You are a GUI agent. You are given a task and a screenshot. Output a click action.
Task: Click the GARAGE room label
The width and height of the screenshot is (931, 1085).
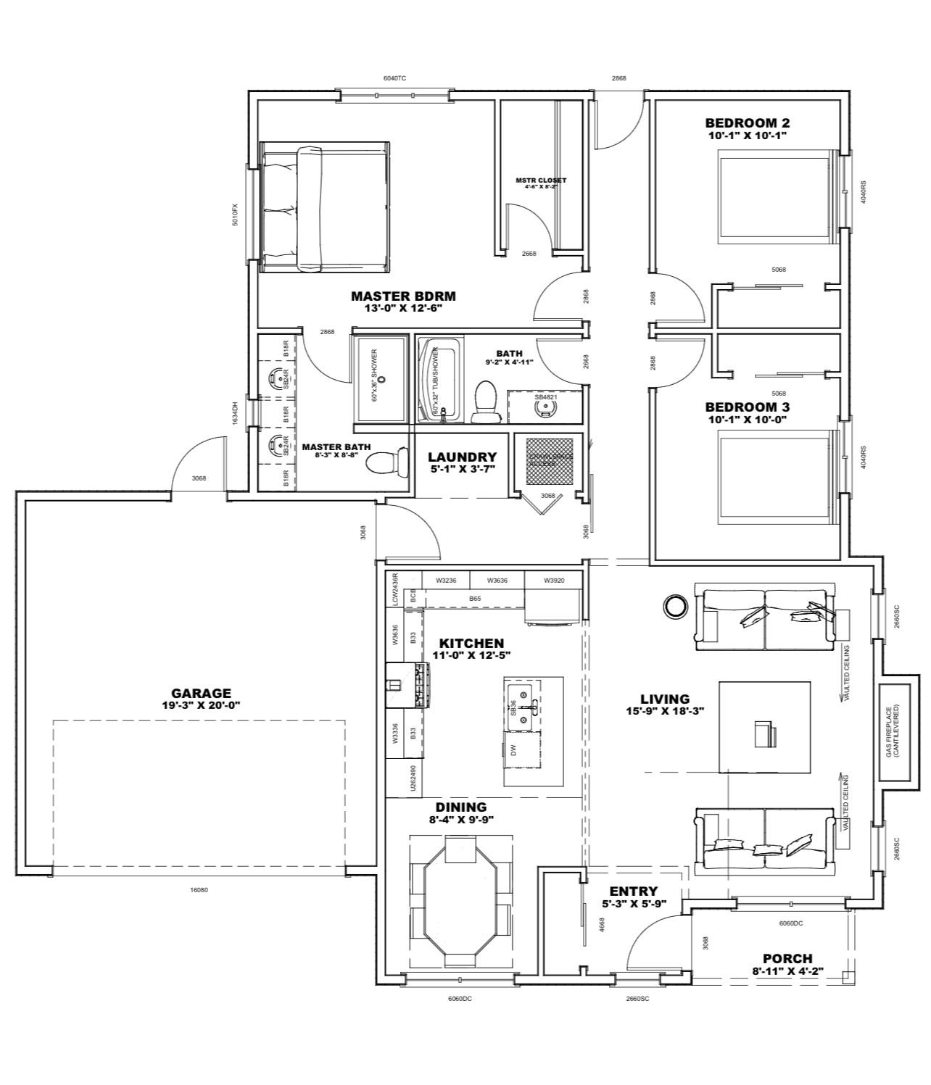(201, 693)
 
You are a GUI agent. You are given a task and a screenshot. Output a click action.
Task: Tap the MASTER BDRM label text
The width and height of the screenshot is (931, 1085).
(403, 296)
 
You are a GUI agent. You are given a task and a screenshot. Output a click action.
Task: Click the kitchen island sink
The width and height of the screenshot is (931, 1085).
(521, 701)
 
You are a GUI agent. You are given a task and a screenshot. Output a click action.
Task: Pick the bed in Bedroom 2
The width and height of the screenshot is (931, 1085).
(774, 194)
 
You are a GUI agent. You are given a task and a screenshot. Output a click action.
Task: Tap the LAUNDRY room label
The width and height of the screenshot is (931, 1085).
(462, 457)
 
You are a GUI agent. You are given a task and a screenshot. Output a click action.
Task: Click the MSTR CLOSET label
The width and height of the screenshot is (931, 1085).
(541, 180)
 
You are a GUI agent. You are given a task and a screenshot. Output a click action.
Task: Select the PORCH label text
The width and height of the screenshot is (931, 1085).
(787, 958)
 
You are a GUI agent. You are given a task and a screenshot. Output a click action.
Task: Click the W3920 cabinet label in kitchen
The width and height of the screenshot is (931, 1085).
(554, 580)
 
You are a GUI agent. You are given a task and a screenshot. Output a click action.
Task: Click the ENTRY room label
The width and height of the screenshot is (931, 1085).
(633, 891)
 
